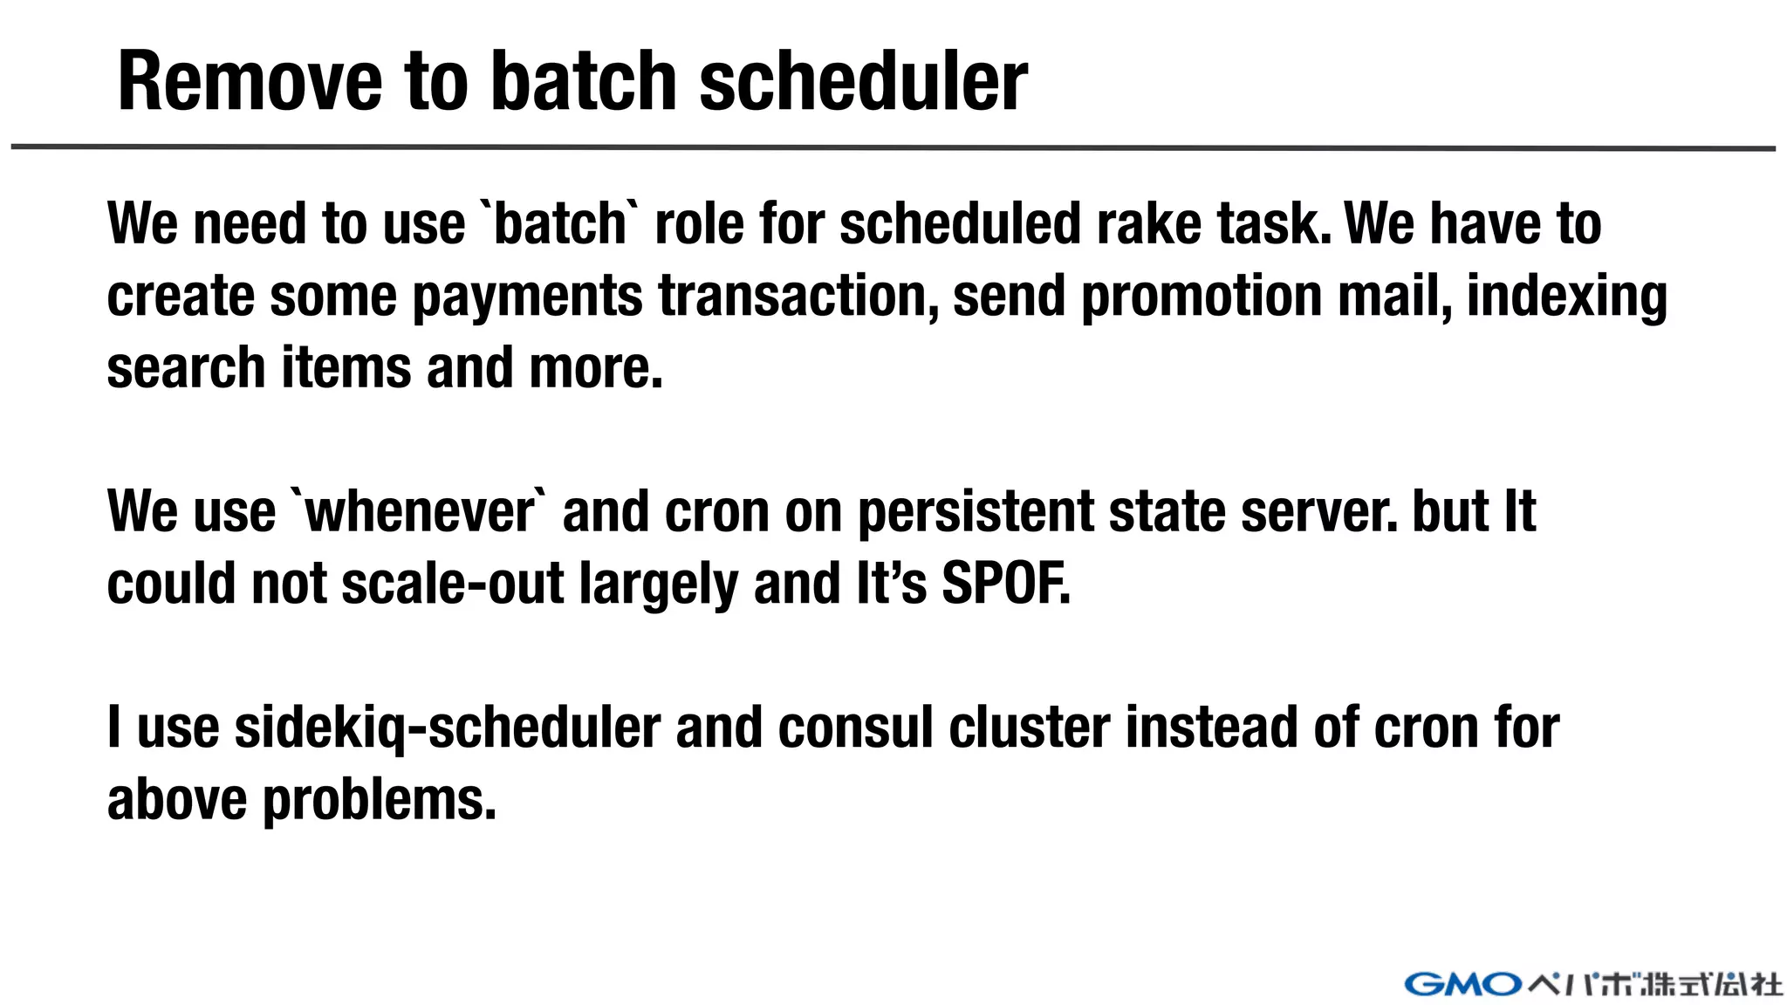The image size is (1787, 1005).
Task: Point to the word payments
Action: pyautogui.click(x=527, y=297)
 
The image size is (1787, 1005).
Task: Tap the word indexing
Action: pyautogui.click(x=1566, y=297)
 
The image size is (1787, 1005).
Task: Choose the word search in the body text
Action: pyautogui.click(x=186, y=367)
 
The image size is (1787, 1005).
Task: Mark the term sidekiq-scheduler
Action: pyautogui.click(x=447, y=728)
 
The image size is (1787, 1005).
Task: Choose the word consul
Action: pyautogui.click(x=855, y=728)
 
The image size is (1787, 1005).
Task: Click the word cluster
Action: pyautogui.click(x=1029, y=728)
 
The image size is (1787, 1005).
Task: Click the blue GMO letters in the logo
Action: pyautogui.click(x=1462, y=984)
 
